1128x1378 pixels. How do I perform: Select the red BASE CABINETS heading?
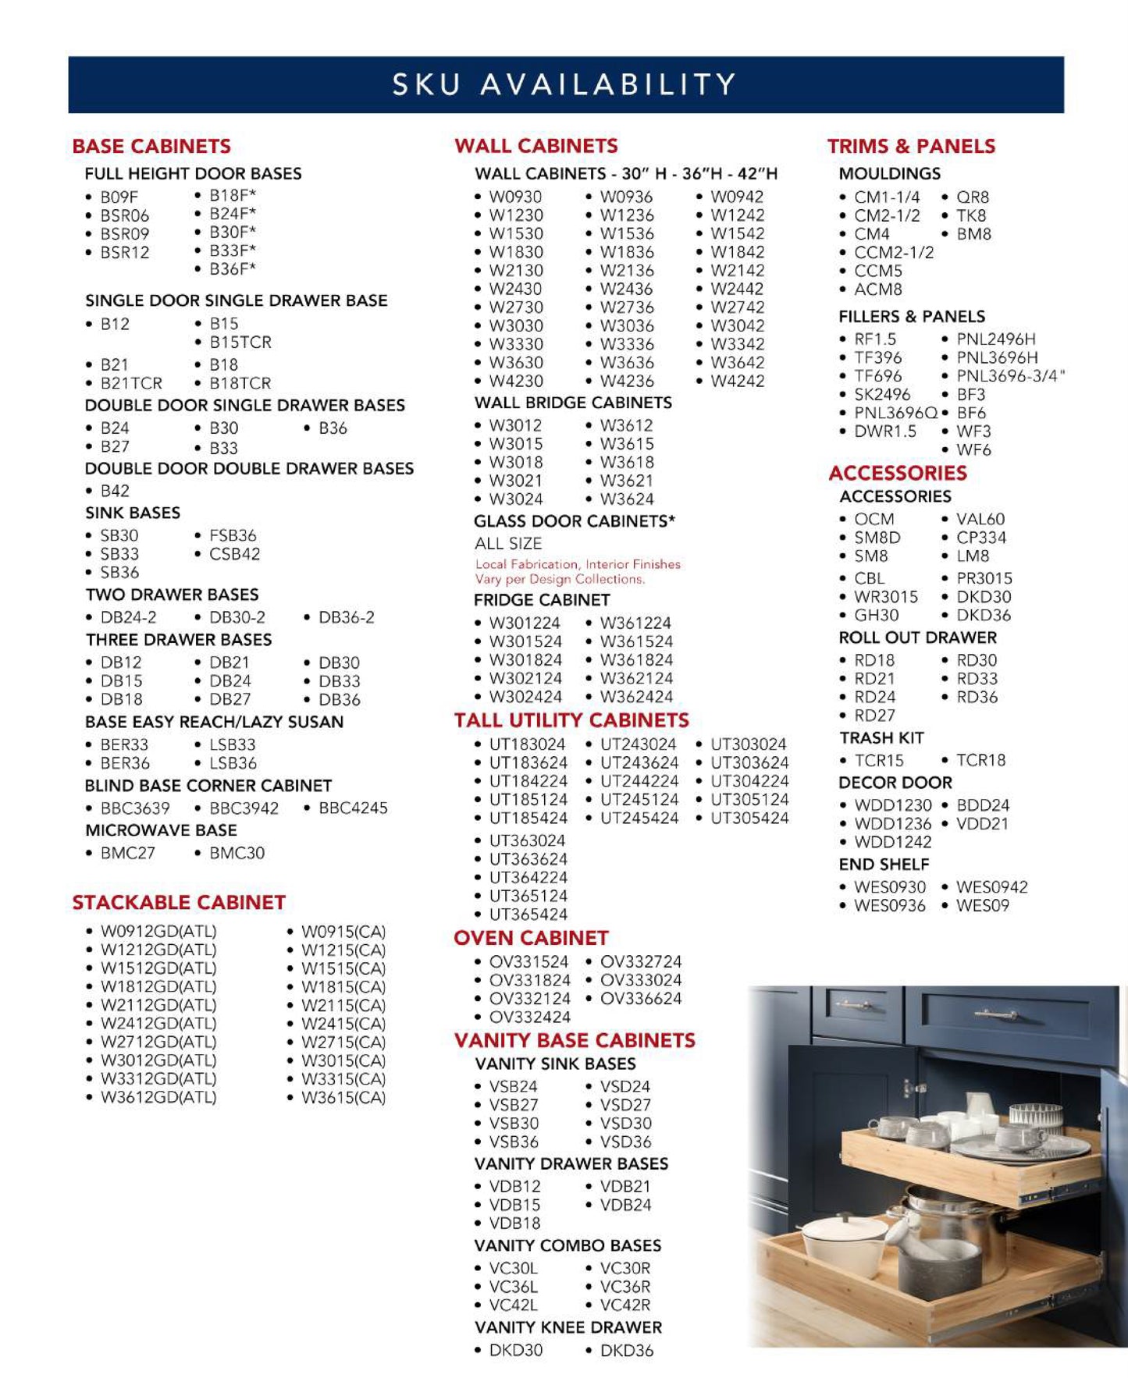(x=151, y=146)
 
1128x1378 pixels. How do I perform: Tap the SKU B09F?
(x=119, y=197)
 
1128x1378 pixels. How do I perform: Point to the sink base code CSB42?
(x=234, y=554)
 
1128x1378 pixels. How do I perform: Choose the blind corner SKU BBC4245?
(x=353, y=808)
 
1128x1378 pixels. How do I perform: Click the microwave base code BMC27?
(x=127, y=853)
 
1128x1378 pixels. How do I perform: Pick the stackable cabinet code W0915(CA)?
(x=343, y=932)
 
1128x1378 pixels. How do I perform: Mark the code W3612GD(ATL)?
(x=158, y=1097)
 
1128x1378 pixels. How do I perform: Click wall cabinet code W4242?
(x=737, y=382)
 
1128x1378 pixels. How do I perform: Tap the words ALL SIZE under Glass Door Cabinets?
(x=507, y=543)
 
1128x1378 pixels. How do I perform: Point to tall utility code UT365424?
(x=528, y=915)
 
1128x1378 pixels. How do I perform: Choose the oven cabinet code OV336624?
(x=640, y=999)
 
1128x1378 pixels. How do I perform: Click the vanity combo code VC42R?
(x=624, y=1305)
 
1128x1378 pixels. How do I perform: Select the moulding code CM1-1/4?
(x=887, y=197)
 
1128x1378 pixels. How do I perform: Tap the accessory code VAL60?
(x=980, y=519)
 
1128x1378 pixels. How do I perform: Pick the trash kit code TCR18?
(x=980, y=760)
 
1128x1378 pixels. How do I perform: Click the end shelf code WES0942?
(x=991, y=887)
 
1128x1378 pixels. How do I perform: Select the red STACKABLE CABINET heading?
(x=179, y=903)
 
